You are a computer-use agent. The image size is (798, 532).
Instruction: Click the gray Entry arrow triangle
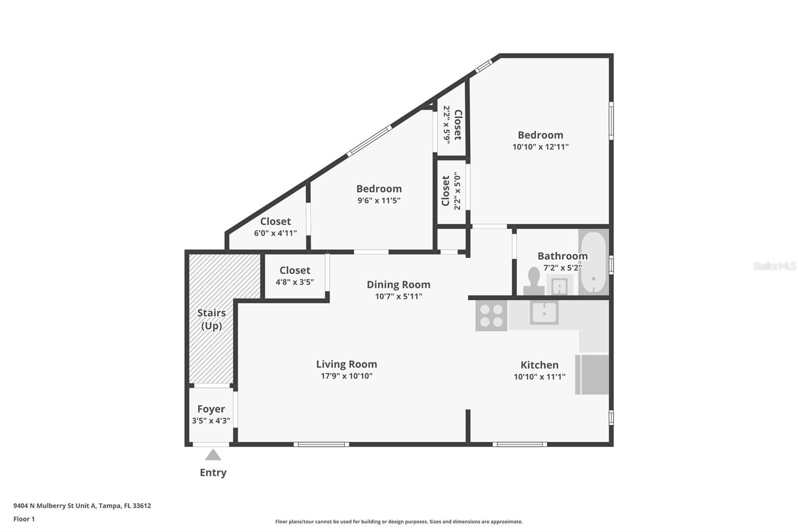coord(213,455)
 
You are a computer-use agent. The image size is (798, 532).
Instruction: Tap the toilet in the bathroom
coord(534,281)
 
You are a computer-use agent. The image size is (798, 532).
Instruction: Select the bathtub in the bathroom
coord(594,262)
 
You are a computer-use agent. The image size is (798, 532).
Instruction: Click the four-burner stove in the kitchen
coord(491,315)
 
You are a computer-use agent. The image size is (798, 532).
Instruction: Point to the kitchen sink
coord(544,312)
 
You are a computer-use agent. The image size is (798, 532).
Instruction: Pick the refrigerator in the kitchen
coord(592,374)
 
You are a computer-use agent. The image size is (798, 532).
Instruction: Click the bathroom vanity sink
coord(559,286)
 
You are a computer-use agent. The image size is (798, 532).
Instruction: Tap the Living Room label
coord(347,364)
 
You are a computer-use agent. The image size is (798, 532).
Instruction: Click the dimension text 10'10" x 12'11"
coord(541,147)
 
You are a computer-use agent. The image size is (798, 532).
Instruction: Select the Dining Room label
coord(399,284)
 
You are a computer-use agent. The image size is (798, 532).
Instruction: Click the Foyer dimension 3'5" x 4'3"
coord(211,421)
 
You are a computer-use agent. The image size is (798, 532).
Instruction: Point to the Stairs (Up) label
coord(211,319)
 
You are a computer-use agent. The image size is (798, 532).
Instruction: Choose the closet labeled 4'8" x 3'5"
coord(295,276)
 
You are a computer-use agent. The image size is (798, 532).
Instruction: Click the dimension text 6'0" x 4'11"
coord(275,233)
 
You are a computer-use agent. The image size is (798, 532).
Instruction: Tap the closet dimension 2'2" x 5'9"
coord(447,125)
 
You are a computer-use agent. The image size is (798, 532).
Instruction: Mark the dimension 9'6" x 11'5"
coord(379,201)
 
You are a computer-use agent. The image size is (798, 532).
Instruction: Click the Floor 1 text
coord(24,519)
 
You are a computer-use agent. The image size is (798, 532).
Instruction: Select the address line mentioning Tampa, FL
coord(82,506)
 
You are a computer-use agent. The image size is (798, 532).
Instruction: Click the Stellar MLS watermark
coord(774,266)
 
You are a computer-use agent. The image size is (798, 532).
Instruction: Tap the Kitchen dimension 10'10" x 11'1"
coord(539,376)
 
